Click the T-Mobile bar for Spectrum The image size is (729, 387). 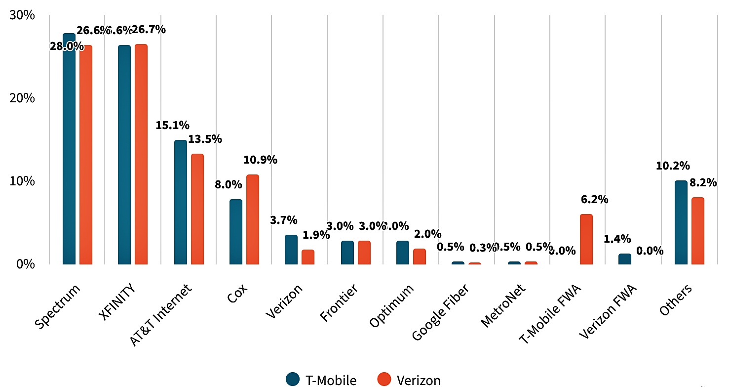69,148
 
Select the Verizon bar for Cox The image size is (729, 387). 253,219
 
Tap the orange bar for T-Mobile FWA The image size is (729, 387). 586,239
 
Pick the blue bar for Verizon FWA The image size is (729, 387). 624,259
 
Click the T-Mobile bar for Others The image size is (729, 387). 681,222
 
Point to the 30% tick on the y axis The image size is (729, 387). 22,15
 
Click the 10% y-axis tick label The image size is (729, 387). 22,181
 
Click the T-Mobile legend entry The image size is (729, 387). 321,380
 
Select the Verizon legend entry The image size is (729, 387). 409,380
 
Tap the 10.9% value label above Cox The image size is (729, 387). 260,160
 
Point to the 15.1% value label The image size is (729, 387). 172,126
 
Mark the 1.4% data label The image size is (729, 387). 617,239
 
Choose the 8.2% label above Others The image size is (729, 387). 703,183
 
